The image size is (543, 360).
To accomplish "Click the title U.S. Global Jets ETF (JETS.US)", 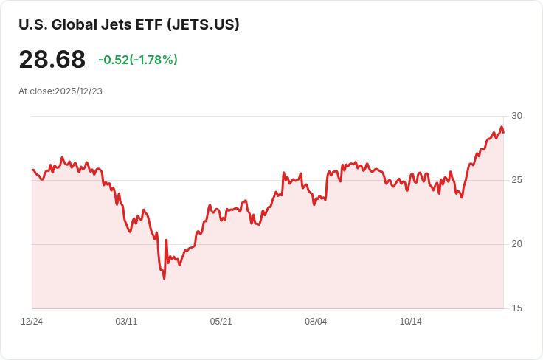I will (129, 24).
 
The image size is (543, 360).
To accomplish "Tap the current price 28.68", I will (52, 60).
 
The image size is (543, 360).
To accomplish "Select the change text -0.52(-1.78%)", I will (138, 60).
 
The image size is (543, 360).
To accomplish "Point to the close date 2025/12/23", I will (78, 91).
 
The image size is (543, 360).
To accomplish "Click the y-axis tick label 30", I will (516, 116).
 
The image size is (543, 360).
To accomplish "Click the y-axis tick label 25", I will (516, 180).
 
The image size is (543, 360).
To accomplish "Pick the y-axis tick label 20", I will (516, 244).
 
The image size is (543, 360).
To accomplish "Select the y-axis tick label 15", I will (516, 308).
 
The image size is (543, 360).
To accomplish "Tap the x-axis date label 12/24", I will (32, 322).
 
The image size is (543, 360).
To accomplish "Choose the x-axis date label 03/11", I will (126, 322).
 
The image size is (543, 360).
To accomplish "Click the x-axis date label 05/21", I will (221, 322).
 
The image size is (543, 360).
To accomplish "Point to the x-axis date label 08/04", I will (316, 322).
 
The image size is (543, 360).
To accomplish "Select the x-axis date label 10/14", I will (410, 322).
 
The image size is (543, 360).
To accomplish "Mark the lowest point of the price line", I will (164, 278).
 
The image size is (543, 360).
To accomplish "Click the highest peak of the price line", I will (502, 127).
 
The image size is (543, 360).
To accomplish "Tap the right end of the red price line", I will (503, 132).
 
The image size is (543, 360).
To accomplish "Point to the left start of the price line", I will (32, 170).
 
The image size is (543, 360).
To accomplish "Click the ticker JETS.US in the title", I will (204, 24).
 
